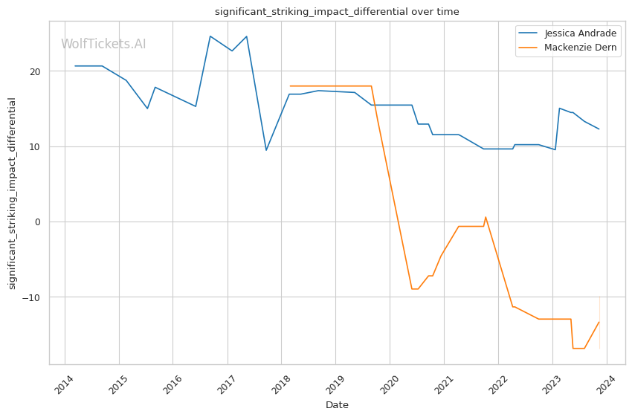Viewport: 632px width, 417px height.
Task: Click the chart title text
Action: pos(337,12)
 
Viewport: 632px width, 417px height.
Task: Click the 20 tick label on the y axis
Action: pos(36,71)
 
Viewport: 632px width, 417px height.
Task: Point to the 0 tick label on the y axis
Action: pos(39,222)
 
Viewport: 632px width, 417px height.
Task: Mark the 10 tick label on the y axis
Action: pos(36,146)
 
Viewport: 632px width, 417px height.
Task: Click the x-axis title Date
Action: pos(337,405)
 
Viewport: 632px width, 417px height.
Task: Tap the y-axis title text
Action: pos(12,193)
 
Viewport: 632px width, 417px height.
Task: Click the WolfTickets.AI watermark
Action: pos(103,44)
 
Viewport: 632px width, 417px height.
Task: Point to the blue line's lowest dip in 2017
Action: pos(266,150)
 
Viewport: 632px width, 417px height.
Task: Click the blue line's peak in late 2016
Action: pos(210,36)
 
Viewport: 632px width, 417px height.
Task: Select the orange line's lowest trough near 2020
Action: pos(412,289)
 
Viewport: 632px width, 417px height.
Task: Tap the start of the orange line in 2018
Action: pos(290,86)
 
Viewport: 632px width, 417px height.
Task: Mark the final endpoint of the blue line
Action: pos(599,129)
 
